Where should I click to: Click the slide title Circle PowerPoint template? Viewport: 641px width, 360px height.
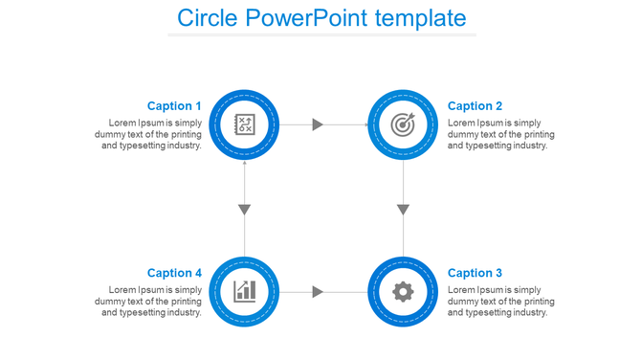pyautogui.click(x=321, y=17)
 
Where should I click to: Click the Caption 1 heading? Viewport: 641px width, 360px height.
pyautogui.click(x=174, y=106)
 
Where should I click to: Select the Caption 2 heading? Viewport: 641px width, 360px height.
pyautogui.click(x=475, y=106)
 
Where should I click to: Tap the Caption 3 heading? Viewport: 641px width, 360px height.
pyautogui.click(x=475, y=273)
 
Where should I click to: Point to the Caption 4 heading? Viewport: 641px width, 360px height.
pyautogui.click(x=174, y=273)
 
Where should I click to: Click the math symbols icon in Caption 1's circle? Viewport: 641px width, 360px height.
pyautogui.click(x=244, y=124)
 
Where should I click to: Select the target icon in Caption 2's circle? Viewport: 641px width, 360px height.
pyautogui.click(x=404, y=124)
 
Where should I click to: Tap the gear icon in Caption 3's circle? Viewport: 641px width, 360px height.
pyautogui.click(x=404, y=291)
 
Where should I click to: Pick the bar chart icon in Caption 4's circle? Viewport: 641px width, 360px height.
pyautogui.click(x=244, y=291)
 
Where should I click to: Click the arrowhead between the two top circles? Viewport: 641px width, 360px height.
pyautogui.click(x=319, y=124)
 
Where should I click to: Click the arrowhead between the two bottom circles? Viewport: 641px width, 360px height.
pyautogui.click(x=319, y=291)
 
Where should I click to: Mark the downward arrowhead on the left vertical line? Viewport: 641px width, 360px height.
pyautogui.click(x=244, y=209)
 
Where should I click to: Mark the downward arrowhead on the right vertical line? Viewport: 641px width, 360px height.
pyautogui.click(x=404, y=209)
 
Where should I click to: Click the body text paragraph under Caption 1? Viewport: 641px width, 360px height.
pyautogui.click(x=149, y=134)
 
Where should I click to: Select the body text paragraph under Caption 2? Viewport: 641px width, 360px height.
pyautogui.click(x=500, y=134)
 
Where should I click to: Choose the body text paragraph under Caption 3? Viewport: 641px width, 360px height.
pyautogui.click(x=500, y=301)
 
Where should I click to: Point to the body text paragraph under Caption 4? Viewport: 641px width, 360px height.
pyautogui.click(x=149, y=301)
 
